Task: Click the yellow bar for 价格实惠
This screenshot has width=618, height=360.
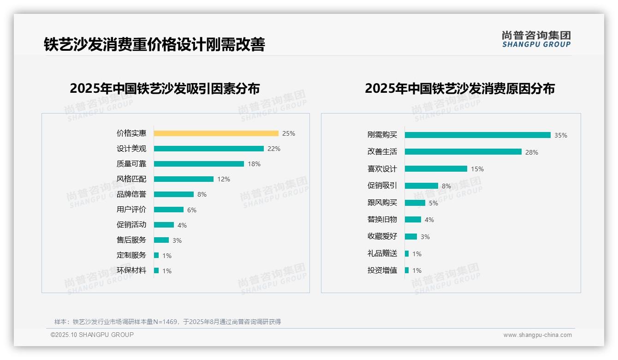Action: click(216, 133)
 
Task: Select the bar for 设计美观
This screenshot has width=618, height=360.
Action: click(208, 149)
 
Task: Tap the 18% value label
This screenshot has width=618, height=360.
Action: click(254, 164)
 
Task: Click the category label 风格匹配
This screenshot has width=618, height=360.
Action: click(131, 179)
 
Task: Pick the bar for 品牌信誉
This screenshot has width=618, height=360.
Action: click(173, 194)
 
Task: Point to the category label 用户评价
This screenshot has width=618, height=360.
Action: click(131, 210)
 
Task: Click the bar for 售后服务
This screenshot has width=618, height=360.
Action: click(161, 240)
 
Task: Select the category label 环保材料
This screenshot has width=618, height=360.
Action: click(131, 270)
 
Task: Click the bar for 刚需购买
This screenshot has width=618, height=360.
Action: click(477, 135)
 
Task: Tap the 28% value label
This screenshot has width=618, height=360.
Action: click(532, 152)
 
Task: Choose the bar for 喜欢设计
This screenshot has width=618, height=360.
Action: click(436, 169)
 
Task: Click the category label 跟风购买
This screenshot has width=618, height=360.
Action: click(382, 203)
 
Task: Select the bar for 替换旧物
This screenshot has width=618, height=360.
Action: click(413, 220)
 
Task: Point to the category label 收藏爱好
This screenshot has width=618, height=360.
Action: click(382, 236)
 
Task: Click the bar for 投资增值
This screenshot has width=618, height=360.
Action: click(407, 270)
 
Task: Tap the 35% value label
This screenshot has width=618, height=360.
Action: click(561, 135)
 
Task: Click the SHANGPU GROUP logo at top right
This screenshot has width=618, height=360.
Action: click(536, 39)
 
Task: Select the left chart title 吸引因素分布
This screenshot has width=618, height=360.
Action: click(165, 88)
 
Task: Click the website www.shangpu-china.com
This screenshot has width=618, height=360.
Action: click(537, 335)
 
